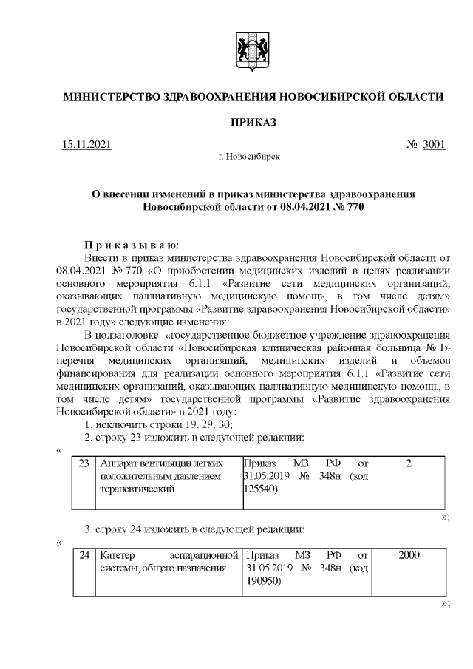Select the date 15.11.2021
86,144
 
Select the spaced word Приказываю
130,245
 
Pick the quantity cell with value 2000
409,554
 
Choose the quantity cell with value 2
409,463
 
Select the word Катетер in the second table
117,554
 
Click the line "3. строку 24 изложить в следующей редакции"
194,529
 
